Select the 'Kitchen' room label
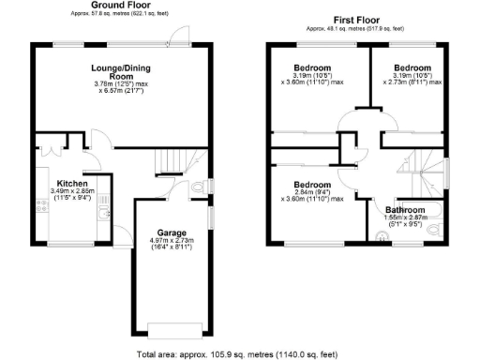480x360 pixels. click(x=72, y=183)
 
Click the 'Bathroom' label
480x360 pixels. click(x=407, y=210)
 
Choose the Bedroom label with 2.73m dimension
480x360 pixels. click(x=412, y=69)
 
